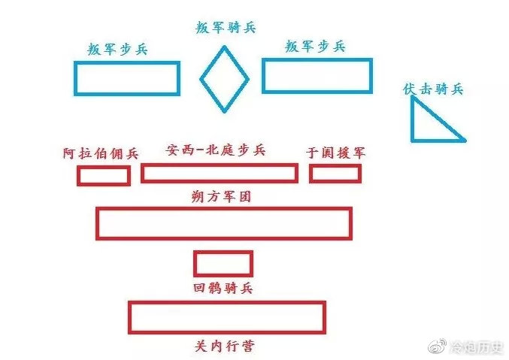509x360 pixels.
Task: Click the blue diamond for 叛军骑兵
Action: (224, 79)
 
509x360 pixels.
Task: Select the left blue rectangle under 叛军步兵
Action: (126, 78)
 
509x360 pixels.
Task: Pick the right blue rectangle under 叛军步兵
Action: (317, 76)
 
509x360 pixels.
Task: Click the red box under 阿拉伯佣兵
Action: (103, 176)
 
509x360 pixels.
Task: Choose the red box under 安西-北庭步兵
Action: (219, 173)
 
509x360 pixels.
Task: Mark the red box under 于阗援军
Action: (335, 174)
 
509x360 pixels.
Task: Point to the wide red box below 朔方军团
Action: (223, 223)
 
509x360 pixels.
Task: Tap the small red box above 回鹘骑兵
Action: (223, 264)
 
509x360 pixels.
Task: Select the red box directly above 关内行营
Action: (226, 317)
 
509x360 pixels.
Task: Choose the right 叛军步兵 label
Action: (315, 47)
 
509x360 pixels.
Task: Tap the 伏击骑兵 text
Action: (433, 89)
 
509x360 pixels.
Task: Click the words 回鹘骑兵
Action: (223, 288)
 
